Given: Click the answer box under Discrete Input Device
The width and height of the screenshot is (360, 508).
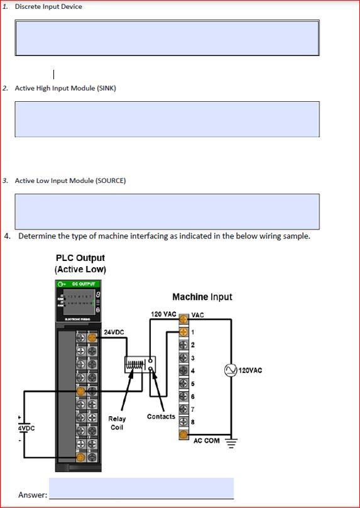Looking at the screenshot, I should pos(167,38).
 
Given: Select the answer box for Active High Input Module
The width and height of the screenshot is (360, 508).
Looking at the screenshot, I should pos(167,119).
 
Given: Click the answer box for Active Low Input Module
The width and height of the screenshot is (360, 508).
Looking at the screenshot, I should pos(167,211).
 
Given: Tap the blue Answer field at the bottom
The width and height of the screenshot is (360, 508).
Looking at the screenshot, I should pos(141,488).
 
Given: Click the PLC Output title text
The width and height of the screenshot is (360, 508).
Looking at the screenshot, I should pos(80,258).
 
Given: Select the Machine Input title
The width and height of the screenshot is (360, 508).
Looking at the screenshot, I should pos(202,297).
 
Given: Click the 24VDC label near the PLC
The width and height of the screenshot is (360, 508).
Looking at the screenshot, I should pos(114,332).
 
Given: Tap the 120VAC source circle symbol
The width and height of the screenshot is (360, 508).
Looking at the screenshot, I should pos(231,370).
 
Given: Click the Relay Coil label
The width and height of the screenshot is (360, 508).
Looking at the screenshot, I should pos(117,423).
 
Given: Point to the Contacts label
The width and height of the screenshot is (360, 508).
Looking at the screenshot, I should pos(161,417).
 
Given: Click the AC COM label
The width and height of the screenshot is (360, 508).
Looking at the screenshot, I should pos(207,441).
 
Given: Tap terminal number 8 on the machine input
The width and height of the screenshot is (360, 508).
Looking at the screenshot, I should pos(193,421).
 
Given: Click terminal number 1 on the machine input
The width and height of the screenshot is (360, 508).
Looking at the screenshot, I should pos(193,332).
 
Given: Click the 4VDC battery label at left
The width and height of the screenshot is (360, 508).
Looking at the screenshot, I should pos(26,428).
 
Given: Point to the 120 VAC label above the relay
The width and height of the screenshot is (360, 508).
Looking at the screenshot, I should pos(163,314).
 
